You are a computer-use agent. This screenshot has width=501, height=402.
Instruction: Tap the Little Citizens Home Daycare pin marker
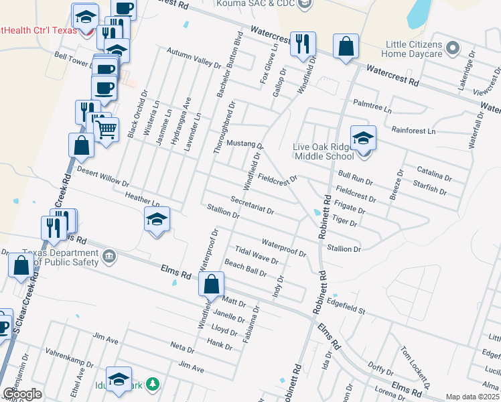[453, 48]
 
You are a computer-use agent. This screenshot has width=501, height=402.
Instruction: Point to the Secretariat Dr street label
[252, 205]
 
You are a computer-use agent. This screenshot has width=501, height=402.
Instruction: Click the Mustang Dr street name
[245, 145]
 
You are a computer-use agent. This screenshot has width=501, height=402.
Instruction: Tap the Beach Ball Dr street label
[246, 268]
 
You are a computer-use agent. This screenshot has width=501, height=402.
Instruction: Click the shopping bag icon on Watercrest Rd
[346, 47]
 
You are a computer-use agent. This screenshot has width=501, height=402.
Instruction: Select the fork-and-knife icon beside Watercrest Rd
[303, 44]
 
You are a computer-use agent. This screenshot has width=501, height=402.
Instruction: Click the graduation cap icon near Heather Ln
[157, 219]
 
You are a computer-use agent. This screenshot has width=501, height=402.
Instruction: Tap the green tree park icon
[154, 383]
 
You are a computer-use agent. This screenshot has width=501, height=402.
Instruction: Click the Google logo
[23, 394]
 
